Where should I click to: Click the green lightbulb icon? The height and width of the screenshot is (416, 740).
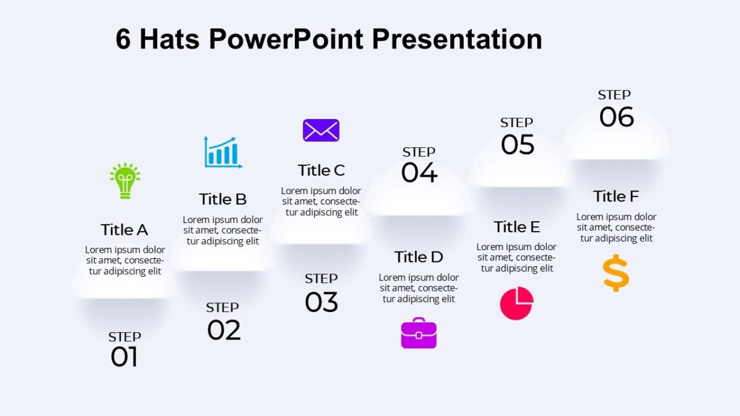pyautogui.click(x=125, y=181)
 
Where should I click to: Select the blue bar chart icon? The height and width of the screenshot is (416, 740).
pyautogui.click(x=223, y=152)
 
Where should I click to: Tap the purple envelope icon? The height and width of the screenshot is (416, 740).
pyautogui.click(x=321, y=131)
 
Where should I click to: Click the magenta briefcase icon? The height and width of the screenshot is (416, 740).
pyautogui.click(x=419, y=333)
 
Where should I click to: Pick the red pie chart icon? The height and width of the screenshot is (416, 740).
pyautogui.click(x=516, y=303)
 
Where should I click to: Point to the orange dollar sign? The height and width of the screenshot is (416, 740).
pyautogui.click(x=616, y=274)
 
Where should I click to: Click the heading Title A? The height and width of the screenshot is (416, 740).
pyautogui.click(x=125, y=230)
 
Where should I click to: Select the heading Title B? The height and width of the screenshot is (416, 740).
pyautogui.click(x=223, y=199)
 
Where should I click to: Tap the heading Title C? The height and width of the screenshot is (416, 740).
pyautogui.click(x=321, y=170)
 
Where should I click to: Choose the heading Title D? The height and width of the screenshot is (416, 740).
pyautogui.click(x=419, y=257)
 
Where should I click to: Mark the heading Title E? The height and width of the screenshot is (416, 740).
pyautogui.click(x=517, y=227)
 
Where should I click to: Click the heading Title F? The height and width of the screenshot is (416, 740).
pyautogui.click(x=616, y=197)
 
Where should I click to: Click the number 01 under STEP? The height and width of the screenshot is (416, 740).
pyautogui.click(x=124, y=357)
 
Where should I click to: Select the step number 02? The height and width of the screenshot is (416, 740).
pyautogui.click(x=224, y=330)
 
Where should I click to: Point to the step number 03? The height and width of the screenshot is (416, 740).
pyautogui.click(x=321, y=302)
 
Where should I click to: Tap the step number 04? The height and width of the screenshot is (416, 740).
pyautogui.click(x=419, y=173)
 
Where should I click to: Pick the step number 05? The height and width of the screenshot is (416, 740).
pyautogui.click(x=517, y=145)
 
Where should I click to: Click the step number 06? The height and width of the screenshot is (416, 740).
pyautogui.click(x=617, y=117)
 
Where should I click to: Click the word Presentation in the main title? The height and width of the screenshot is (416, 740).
pyautogui.click(x=456, y=39)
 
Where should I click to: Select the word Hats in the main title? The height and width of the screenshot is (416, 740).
pyautogui.click(x=170, y=39)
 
